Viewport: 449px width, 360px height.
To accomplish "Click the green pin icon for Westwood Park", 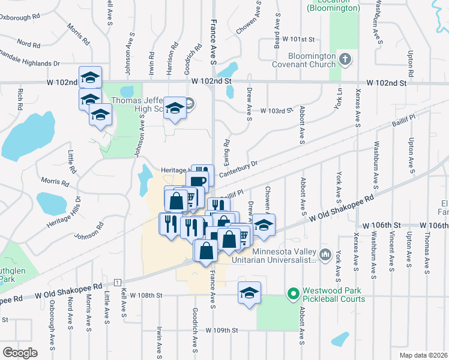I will [x=293, y=294].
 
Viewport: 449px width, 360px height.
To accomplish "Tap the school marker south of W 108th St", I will [x=249, y=293].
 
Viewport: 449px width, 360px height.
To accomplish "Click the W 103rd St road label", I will [x=276, y=110].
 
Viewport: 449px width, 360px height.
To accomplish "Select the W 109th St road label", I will [x=222, y=330].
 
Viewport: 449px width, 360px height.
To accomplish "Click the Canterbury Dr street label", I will [x=237, y=168].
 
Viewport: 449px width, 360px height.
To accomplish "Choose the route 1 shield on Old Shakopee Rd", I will [x=116, y=283].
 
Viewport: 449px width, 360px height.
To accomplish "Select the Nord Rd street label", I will [x=28, y=44].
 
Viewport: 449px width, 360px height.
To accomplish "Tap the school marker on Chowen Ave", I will [x=264, y=225].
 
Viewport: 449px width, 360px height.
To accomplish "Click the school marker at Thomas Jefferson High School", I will [x=175, y=108].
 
